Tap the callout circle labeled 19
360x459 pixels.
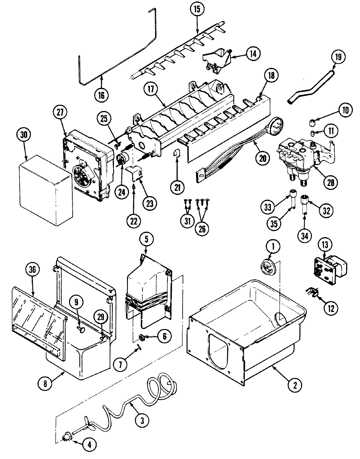(338, 57)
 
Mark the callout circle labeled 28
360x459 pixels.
(331, 182)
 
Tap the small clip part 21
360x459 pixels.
(177, 153)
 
